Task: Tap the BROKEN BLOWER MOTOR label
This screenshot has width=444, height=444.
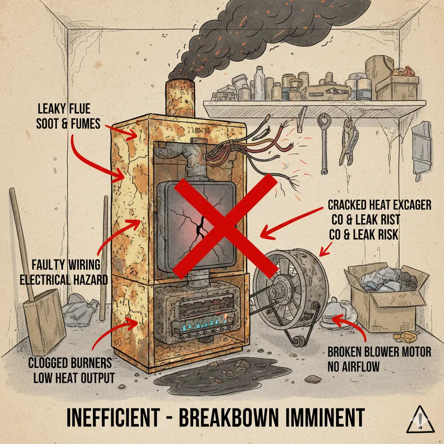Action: pyautogui.click(x=379, y=352)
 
